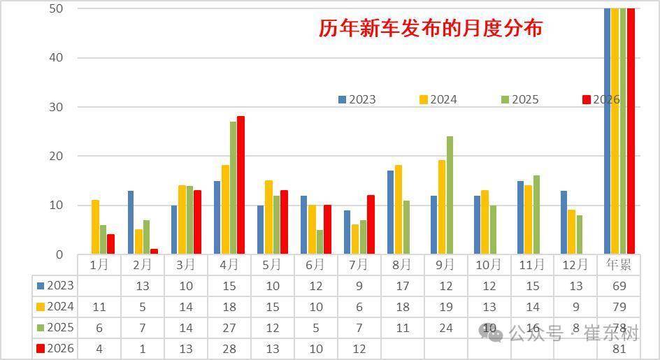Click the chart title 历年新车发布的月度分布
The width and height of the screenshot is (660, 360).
(430, 28)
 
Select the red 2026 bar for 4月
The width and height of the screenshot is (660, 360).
(241, 185)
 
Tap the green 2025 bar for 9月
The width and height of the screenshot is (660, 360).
(450, 195)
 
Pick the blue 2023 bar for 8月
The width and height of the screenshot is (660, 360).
(391, 213)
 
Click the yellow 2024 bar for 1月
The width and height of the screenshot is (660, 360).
(96, 227)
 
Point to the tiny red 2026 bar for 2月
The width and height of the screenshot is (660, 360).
(154, 252)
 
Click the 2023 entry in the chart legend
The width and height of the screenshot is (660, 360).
(357, 100)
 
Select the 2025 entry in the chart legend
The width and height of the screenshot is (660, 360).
(520, 100)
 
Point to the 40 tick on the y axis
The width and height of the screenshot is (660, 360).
(56, 58)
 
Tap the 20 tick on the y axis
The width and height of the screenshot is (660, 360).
(56, 156)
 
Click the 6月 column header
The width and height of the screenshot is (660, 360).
(316, 265)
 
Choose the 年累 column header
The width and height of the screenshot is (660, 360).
(619, 265)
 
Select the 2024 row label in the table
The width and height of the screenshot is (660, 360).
(55, 307)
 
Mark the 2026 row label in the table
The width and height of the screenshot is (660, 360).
(55, 349)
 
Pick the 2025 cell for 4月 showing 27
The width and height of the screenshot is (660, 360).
(229, 328)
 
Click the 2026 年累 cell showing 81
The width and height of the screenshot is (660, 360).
(619, 349)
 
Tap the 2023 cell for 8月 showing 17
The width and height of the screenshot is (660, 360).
(403, 287)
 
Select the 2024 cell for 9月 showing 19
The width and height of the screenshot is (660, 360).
(446, 308)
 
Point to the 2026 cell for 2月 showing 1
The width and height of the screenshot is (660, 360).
(143, 349)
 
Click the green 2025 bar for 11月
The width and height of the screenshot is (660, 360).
(536, 215)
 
